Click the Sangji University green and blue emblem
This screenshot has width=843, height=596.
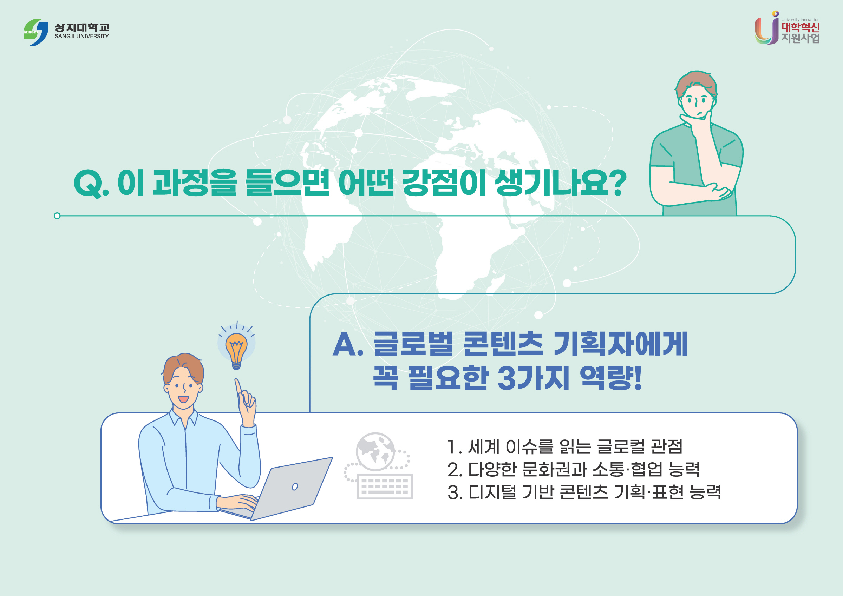tap(35, 32)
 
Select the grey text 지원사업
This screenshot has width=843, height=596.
tap(800, 38)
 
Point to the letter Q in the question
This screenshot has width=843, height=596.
tap(87, 184)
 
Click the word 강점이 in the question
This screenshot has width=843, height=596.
tap(444, 183)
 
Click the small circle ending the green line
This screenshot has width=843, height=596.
tap(57, 216)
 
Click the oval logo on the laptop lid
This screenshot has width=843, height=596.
tap(295, 486)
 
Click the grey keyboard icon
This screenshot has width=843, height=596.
tap(384, 486)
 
